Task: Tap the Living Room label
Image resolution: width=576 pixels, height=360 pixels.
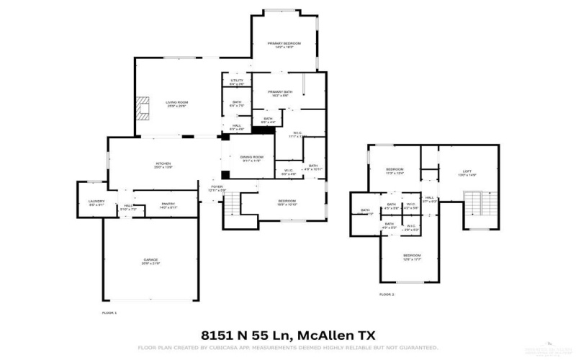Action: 176,104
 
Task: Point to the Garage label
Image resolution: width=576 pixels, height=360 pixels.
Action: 150,260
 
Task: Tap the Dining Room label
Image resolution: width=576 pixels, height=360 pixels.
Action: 251,158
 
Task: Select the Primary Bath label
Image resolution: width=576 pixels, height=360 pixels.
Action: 279,93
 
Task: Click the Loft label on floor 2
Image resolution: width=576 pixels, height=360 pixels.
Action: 467,171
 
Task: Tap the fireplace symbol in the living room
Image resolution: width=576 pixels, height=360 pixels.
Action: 144,108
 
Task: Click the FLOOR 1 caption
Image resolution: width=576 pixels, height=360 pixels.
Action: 109,312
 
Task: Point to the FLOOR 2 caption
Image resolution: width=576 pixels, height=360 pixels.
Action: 387,294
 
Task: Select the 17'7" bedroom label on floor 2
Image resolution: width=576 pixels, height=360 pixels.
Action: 412,257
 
